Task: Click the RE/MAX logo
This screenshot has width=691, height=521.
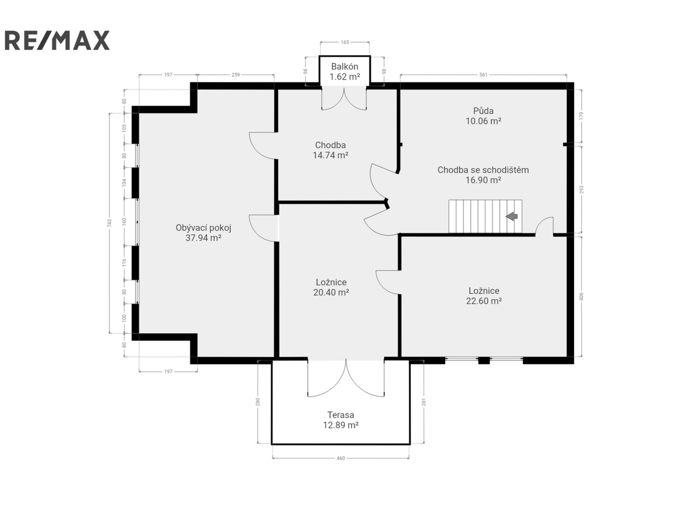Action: (x=57, y=40)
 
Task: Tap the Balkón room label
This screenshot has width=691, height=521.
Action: (x=344, y=67)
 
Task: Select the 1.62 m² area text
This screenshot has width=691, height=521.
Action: (x=344, y=77)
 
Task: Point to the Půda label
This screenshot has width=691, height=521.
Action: (x=483, y=110)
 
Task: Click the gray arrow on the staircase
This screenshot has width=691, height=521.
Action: (x=511, y=216)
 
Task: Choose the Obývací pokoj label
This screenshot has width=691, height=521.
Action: (x=203, y=228)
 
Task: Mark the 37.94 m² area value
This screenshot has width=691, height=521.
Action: (x=203, y=238)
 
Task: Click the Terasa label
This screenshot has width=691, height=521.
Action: (x=340, y=415)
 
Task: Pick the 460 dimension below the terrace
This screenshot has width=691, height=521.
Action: (x=340, y=458)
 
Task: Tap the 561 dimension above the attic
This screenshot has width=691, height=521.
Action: (x=483, y=75)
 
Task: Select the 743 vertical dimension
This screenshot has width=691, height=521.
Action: (x=109, y=223)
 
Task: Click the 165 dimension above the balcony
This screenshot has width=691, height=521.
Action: (x=345, y=42)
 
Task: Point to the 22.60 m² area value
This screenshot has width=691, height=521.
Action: (x=484, y=301)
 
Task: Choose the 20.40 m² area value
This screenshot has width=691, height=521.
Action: (x=331, y=292)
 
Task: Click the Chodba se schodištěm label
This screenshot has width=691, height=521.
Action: (x=483, y=170)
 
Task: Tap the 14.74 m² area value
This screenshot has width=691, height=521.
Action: (x=330, y=155)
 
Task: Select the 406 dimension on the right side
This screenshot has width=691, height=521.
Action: (x=581, y=297)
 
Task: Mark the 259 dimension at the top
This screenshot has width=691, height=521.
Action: (x=236, y=75)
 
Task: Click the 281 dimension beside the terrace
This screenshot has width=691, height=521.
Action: (x=424, y=402)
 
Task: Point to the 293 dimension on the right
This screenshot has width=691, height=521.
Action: (x=581, y=190)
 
